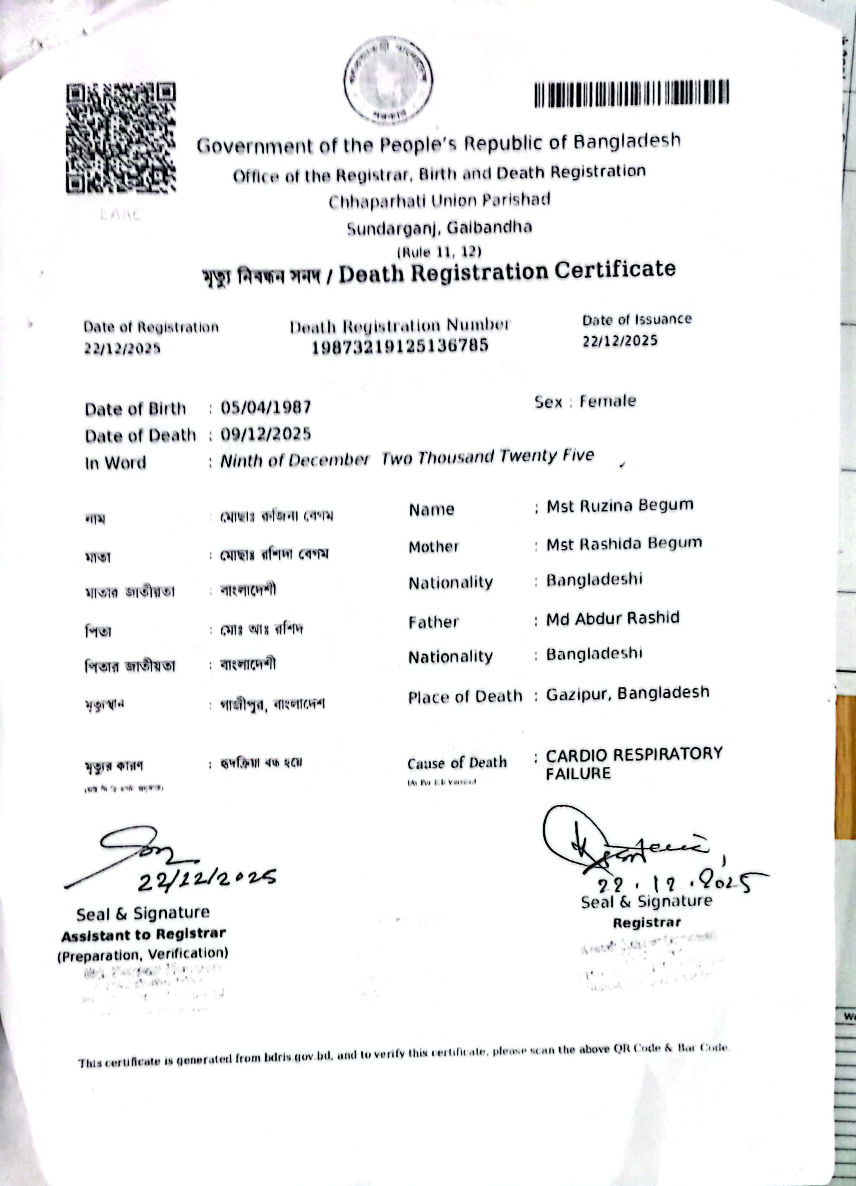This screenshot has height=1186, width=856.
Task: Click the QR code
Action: tap(121, 138)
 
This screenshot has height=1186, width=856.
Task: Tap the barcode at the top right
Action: tap(631, 94)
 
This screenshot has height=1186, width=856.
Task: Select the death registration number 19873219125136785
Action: tap(400, 346)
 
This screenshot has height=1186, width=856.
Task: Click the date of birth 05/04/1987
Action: tap(266, 407)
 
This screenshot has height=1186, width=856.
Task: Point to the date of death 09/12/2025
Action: tap(266, 434)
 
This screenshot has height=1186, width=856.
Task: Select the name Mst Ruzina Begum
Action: tap(620, 506)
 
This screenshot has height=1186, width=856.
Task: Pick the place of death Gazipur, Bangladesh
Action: tap(628, 693)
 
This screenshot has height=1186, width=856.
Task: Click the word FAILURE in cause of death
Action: tap(578, 773)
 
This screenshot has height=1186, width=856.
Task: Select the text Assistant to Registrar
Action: tap(143, 935)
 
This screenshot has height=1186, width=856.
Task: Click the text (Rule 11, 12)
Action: tap(439, 252)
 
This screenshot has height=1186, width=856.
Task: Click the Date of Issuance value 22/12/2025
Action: tap(620, 341)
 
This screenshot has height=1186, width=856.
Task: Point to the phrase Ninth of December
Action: tap(294, 460)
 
